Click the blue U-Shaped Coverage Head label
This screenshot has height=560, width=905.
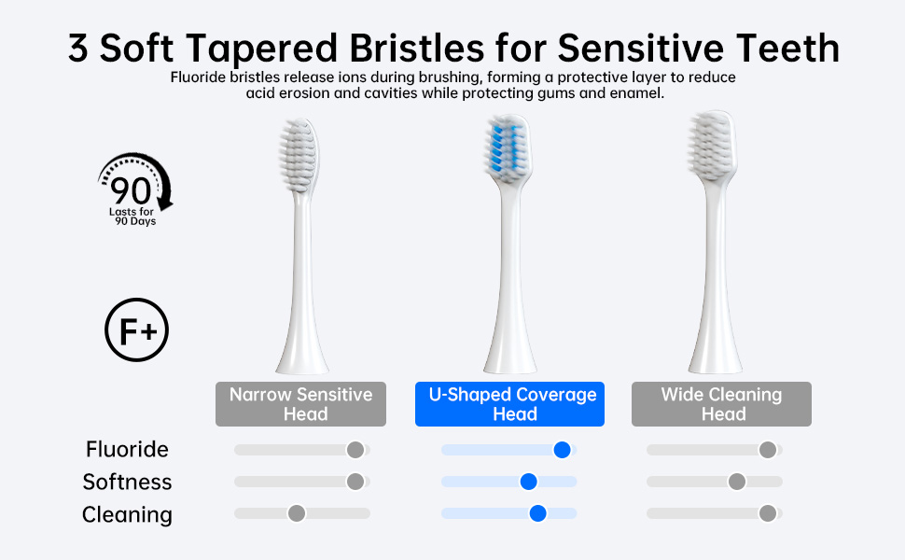pos(509,404)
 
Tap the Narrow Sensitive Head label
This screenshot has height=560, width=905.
pos(300,404)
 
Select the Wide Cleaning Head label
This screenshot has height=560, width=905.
pos(721,404)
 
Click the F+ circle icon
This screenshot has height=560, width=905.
pos(137,330)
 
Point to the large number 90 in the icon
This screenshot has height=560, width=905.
pos(131,190)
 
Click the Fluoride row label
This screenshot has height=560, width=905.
pos(127,449)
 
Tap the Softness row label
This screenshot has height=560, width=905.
pos(127,482)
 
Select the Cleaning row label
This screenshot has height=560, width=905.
pos(127,514)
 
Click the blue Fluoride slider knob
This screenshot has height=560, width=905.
pos(562,450)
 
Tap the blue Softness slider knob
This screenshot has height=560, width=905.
pos(528,482)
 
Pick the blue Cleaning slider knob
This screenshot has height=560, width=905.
pos(537,513)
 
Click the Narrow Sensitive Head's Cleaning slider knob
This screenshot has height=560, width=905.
pos(297,513)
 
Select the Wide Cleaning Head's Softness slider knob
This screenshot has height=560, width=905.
pos(736,482)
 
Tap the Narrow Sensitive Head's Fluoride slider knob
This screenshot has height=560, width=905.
pos(355,450)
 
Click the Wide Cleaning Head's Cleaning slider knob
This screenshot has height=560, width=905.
pos(768,513)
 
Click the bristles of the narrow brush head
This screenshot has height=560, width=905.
pos(298,155)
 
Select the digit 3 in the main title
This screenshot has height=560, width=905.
pos(78,48)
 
